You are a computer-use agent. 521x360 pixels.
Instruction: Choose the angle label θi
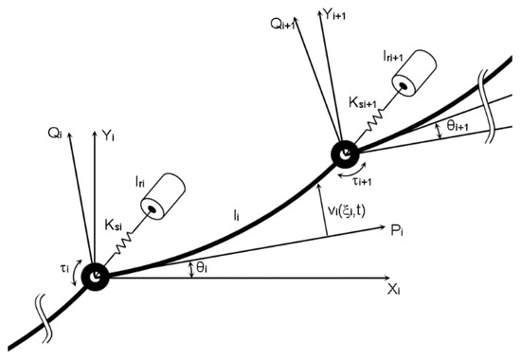pyautogui.click(x=201, y=270)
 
